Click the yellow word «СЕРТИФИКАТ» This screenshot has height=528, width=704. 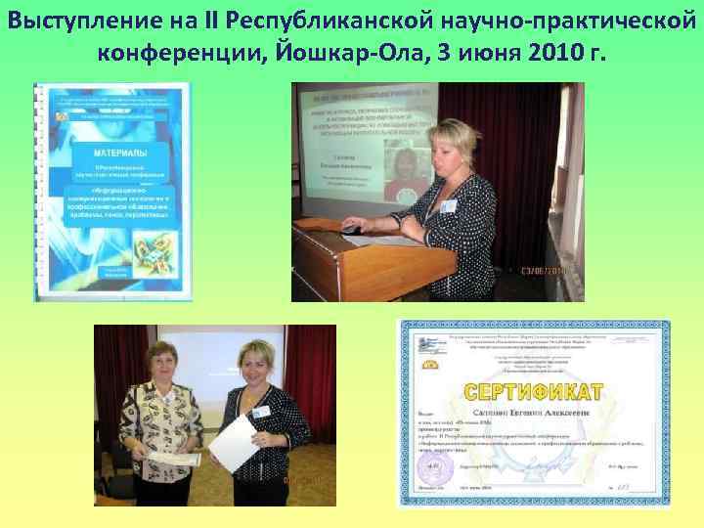[534, 393]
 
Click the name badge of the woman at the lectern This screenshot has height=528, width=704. [447, 205]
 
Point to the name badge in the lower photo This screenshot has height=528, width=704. [260, 412]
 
